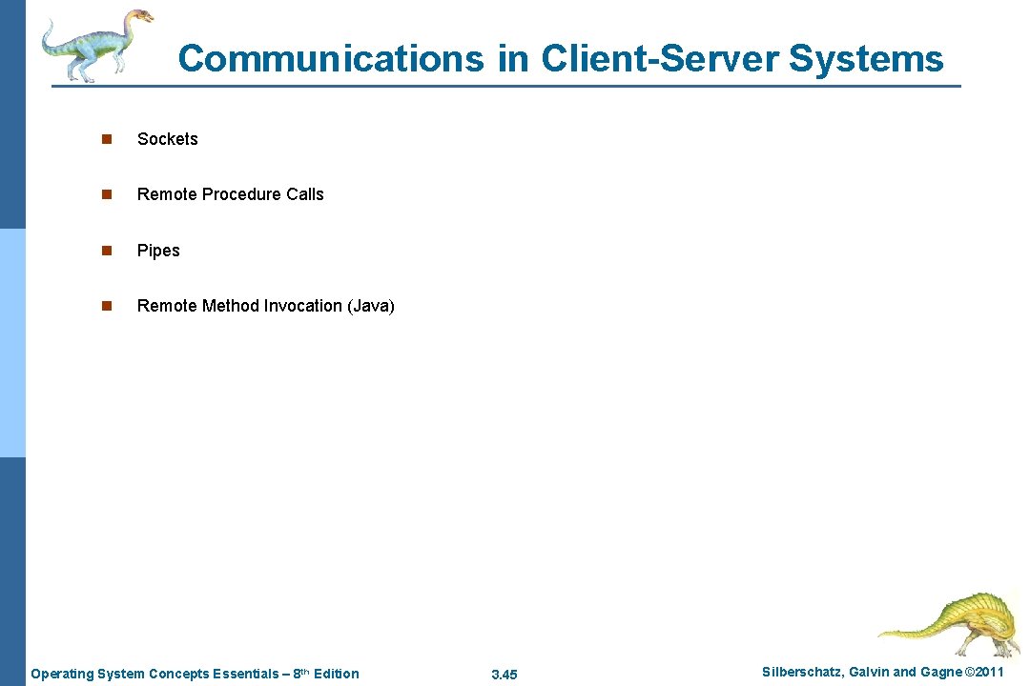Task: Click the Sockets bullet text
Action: [x=167, y=139]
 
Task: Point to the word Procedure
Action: [x=243, y=194]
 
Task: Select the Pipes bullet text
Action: [x=158, y=251]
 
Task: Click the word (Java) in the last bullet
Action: [x=371, y=306]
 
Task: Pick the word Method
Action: [x=231, y=306]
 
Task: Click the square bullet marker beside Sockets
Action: [x=107, y=139]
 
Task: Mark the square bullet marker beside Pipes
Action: [x=107, y=251]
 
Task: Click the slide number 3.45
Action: [x=504, y=675]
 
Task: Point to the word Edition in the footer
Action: [x=336, y=675]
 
